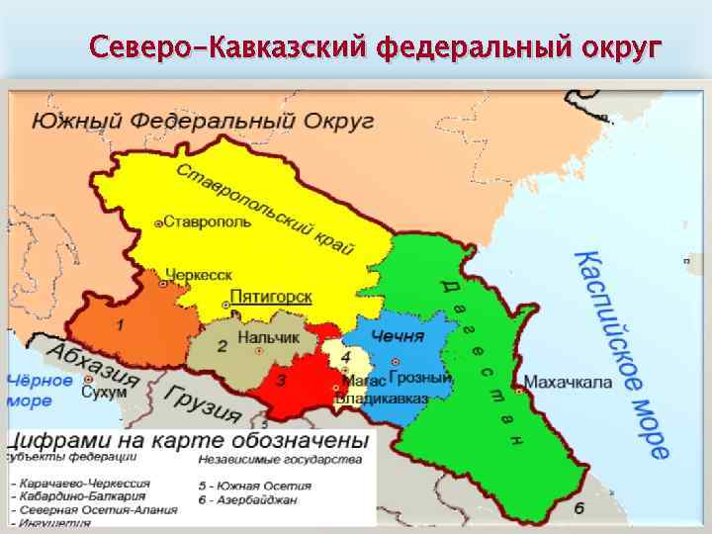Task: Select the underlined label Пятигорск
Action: (271, 297)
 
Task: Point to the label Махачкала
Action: (569, 382)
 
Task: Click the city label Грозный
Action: (420, 378)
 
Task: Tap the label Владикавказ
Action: (382, 398)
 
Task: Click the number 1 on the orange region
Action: (120, 324)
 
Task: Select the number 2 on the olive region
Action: (222, 346)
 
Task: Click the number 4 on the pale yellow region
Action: (345, 355)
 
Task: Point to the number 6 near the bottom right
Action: (578, 509)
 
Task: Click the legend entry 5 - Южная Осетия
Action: (254, 486)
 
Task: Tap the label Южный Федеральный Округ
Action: (203, 121)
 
